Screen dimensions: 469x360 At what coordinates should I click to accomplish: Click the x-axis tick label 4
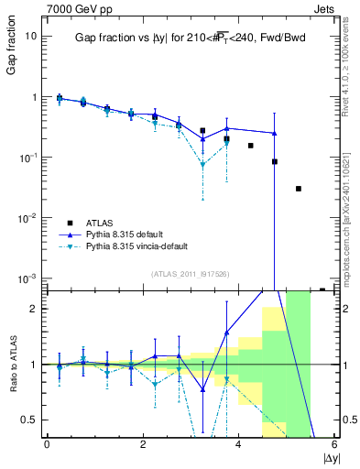[238, 444]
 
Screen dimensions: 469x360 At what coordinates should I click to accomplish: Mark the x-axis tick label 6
[334, 444]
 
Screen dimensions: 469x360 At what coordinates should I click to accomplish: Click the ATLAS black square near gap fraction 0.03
[299, 189]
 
